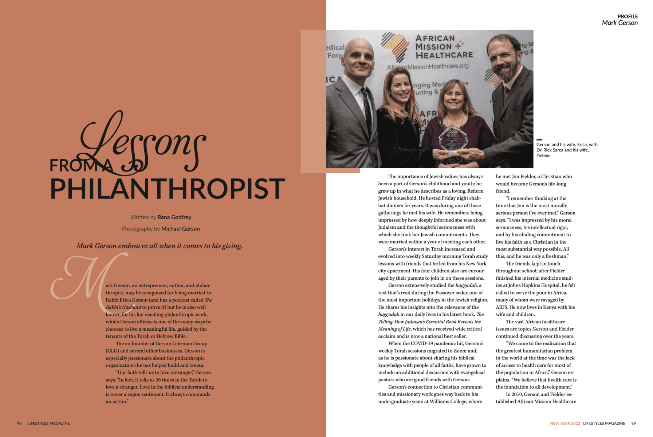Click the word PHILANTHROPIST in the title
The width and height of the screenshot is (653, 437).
[167, 189]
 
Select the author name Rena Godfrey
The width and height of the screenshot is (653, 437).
[174, 217]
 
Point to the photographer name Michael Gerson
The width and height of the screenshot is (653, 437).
[180, 229]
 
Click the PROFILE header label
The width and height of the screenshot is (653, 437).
[628, 16]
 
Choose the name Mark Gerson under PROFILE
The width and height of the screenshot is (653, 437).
[619, 23]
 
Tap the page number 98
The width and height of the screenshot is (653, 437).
[19, 424]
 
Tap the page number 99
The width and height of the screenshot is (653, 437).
[633, 424]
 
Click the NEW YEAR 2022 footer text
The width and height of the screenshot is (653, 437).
[565, 424]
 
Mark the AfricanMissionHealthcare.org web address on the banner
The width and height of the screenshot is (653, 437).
[428, 67]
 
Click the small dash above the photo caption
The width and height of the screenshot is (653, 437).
[539, 139]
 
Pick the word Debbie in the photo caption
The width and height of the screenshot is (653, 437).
[543, 156]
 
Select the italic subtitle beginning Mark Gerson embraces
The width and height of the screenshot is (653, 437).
[159, 246]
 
